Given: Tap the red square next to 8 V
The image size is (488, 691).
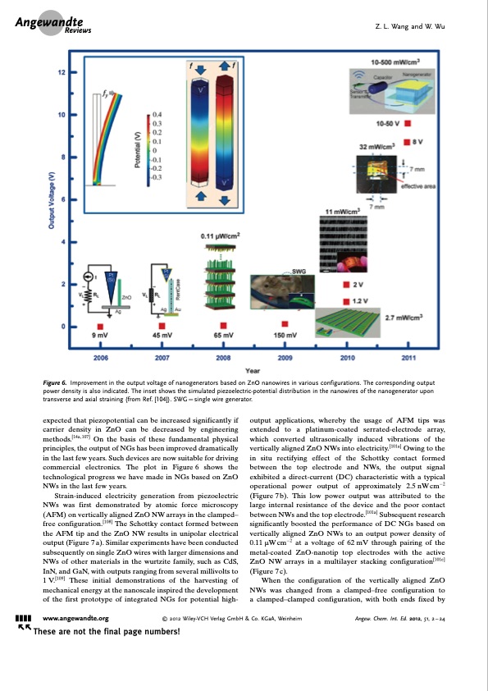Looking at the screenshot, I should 415,141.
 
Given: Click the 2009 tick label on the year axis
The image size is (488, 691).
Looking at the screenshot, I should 285,359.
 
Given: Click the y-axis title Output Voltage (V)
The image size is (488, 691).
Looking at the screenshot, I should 52,202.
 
